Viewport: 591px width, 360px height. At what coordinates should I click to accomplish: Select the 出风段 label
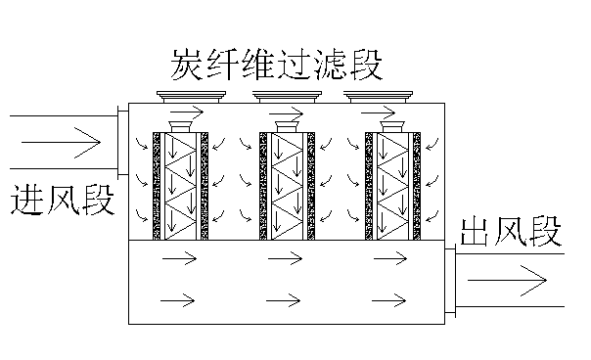pyautogui.click(x=512, y=235)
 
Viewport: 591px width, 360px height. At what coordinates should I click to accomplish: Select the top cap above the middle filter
pyautogui.click(x=288, y=96)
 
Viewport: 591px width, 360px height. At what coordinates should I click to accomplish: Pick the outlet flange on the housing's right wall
pyautogui.click(x=449, y=281)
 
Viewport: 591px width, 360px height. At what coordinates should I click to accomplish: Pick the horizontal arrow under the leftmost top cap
pyautogui.click(x=192, y=110)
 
